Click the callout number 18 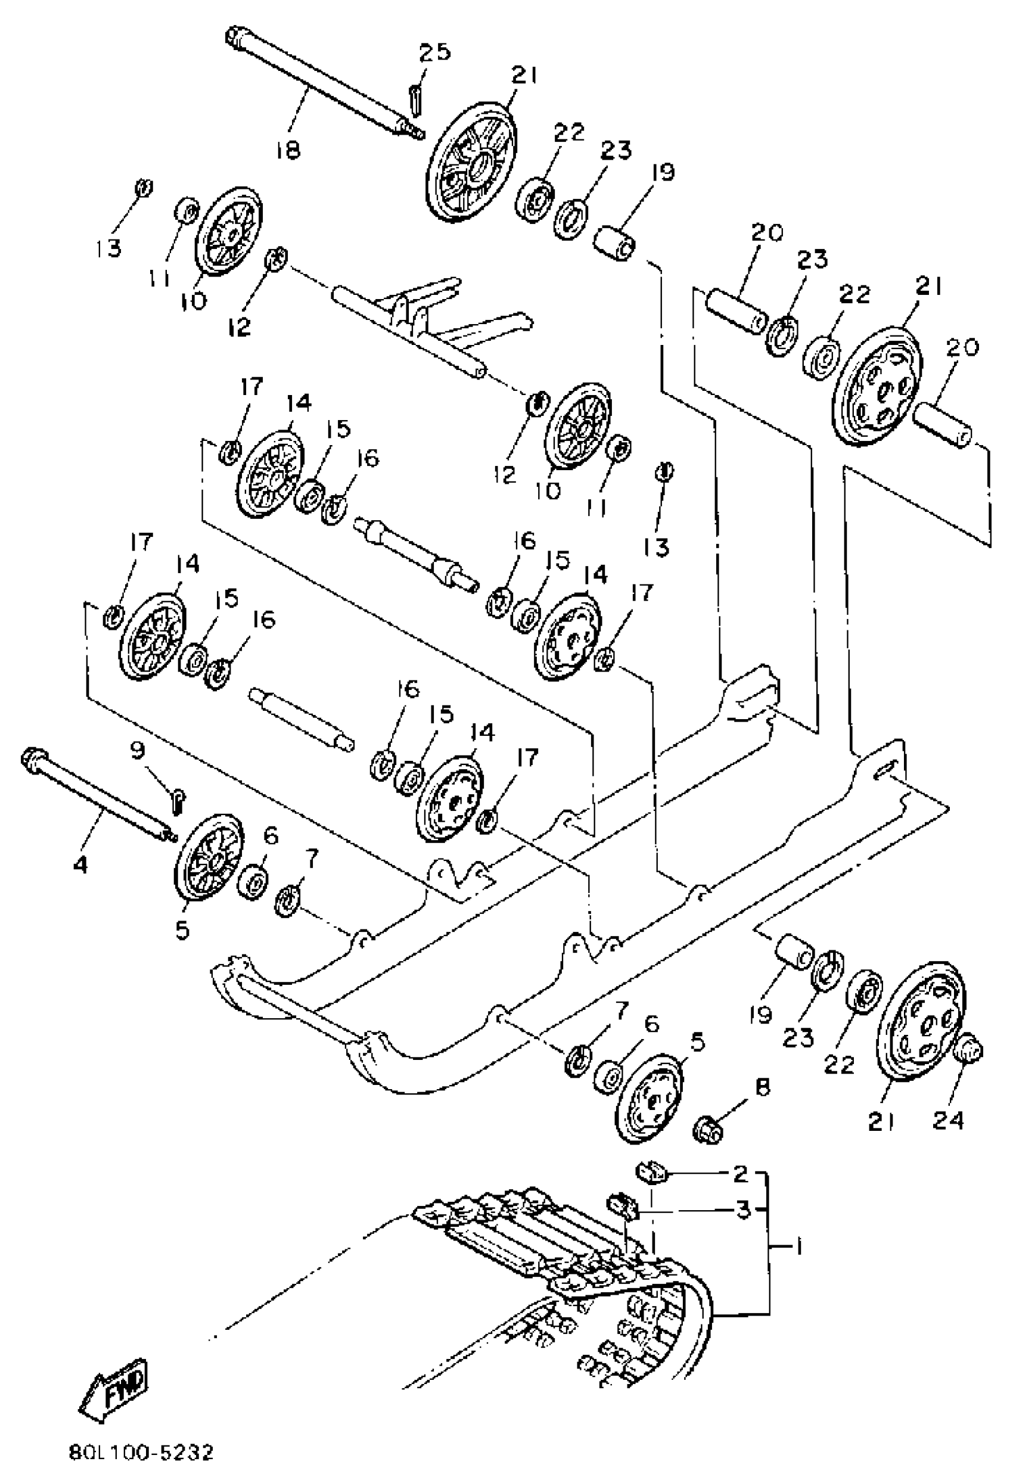coord(288,151)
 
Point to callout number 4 coord(80,864)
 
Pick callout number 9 coord(138,752)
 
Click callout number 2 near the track coord(739,1173)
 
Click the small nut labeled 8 coord(708,1130)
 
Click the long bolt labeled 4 coord(95,794)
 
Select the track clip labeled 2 coord(651,1171)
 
